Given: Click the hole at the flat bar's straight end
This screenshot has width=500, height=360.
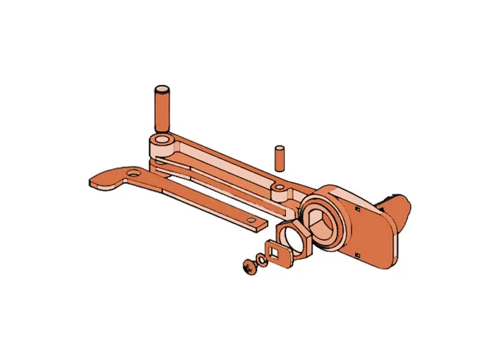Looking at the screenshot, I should tap(251, 220).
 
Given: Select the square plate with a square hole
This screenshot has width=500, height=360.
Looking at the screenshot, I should tap(276, 253).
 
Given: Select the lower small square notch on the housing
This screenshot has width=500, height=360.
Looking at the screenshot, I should tap(357, 254).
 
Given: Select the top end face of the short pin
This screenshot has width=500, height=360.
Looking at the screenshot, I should tap(280, 149).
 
